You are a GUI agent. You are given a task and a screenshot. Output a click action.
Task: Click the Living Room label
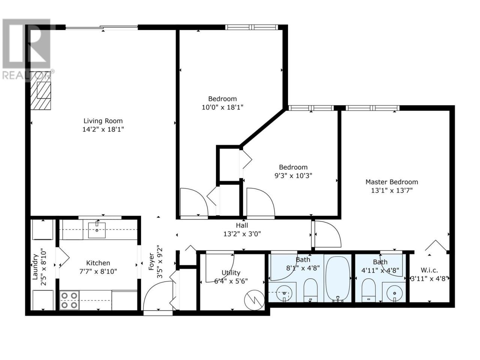click(x=103, y=121)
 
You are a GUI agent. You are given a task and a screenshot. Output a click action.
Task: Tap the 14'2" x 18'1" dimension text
click(x=103, y=129)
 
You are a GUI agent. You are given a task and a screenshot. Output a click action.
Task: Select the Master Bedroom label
click(x=391, y=182)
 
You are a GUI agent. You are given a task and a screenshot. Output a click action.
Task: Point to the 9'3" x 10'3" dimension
click(x=293, y=175)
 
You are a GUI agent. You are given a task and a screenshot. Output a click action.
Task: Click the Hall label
click(x=242, y=225)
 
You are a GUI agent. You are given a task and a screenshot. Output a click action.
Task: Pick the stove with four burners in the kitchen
click(x=69, y=300)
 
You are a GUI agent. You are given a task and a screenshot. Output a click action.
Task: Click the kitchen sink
click(x=97, y=230)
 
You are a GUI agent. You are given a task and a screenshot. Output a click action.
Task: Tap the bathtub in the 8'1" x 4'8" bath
click(x=337, y=279)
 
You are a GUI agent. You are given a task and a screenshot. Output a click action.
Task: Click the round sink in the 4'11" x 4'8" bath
click(x=394, y=293)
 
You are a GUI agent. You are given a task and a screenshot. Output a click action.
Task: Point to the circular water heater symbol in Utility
click(x=254, y=300)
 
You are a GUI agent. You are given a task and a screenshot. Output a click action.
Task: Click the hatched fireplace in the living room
click(x=40, y=90)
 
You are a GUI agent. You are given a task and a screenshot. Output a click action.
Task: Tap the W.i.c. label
click(x=429, y=270)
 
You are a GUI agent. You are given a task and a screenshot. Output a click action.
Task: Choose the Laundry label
click(x=35, y=267)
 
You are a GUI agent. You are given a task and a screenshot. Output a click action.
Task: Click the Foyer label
click(x=151, y=261)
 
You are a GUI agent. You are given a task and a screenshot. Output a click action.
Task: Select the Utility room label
click(x=231, y=273)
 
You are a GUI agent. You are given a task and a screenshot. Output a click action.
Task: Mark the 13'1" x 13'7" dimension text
click(x=391, y=190)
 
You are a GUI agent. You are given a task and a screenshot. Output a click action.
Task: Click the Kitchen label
click(x=98, y=263)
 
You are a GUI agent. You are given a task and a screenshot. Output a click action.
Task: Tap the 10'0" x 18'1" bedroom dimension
click(x=222, y=107)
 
